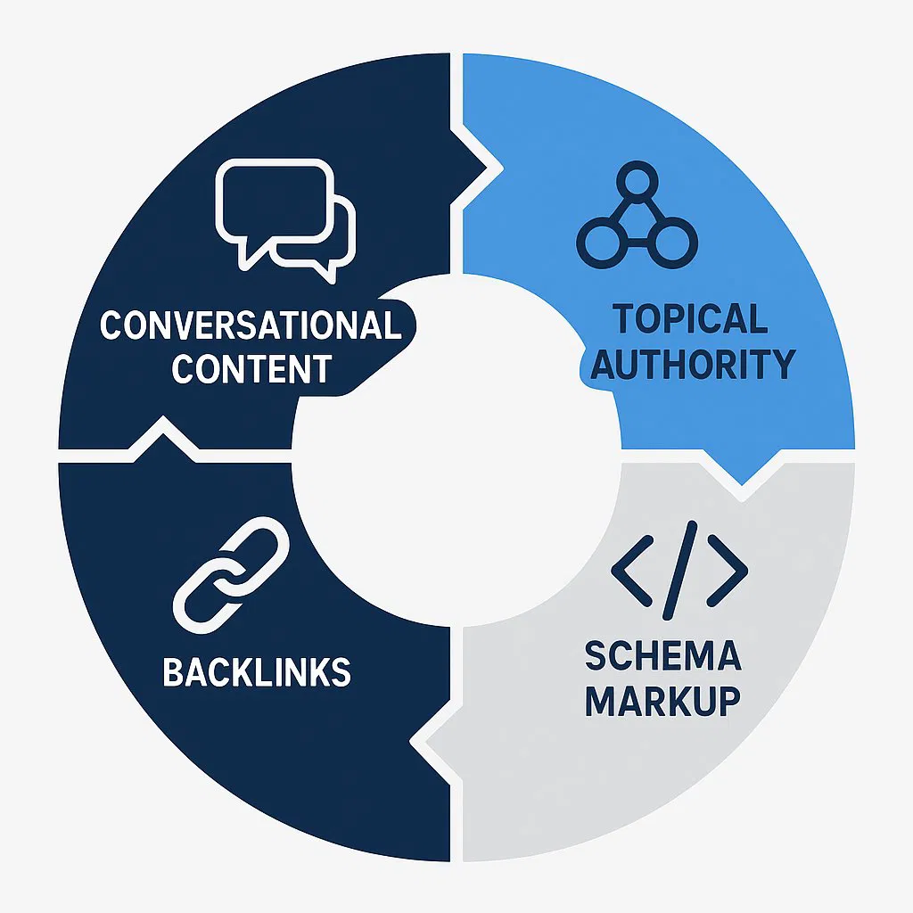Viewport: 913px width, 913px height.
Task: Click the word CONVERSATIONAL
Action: click(x=251, y=325)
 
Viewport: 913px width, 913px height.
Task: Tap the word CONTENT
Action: click(x=251, y=367)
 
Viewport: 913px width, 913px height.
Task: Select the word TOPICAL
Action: click(x=691, y=319)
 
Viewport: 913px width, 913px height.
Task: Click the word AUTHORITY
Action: click(x=693, y=364)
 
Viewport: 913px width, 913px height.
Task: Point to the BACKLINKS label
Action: click(x=257, y=672)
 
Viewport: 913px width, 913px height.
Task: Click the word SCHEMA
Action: click(x=662, y=657)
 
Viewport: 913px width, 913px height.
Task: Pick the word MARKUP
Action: click(x=662, y=701)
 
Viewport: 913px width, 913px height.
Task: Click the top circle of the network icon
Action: click(x=637, y=183)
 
